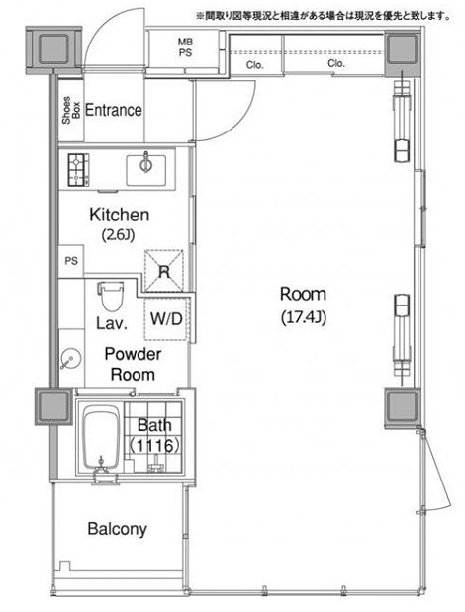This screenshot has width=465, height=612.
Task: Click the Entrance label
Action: [x=113, y=111]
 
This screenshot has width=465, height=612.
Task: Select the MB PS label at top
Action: [x=185, y=46]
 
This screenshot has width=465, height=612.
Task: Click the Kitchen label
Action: [x=119, y=215]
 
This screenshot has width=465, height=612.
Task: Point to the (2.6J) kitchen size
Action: [x=119, y=234]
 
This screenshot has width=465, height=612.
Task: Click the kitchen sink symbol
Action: [x=147, y=164]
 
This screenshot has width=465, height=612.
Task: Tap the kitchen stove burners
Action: [x=78, y=169]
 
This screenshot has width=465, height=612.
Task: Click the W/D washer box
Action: [x=166, y=319]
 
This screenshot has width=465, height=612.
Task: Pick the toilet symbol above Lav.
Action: [x=110, y=295]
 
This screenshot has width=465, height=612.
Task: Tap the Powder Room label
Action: [x=132, y=364]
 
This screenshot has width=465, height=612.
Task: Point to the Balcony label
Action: [x=117, y=529]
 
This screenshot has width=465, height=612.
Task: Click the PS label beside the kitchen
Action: [x=70, y=261]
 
